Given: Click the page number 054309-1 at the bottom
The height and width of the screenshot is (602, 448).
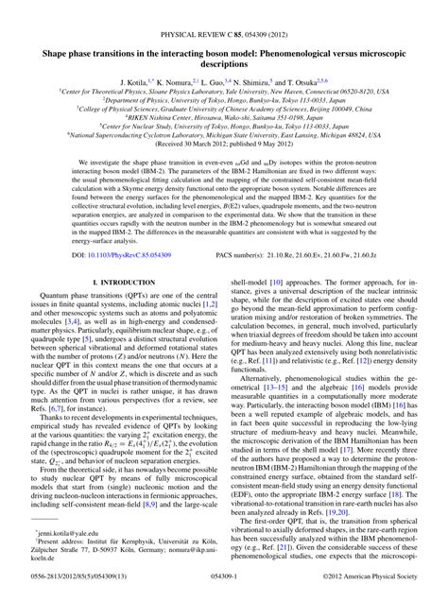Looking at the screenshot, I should coord(224,591).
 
